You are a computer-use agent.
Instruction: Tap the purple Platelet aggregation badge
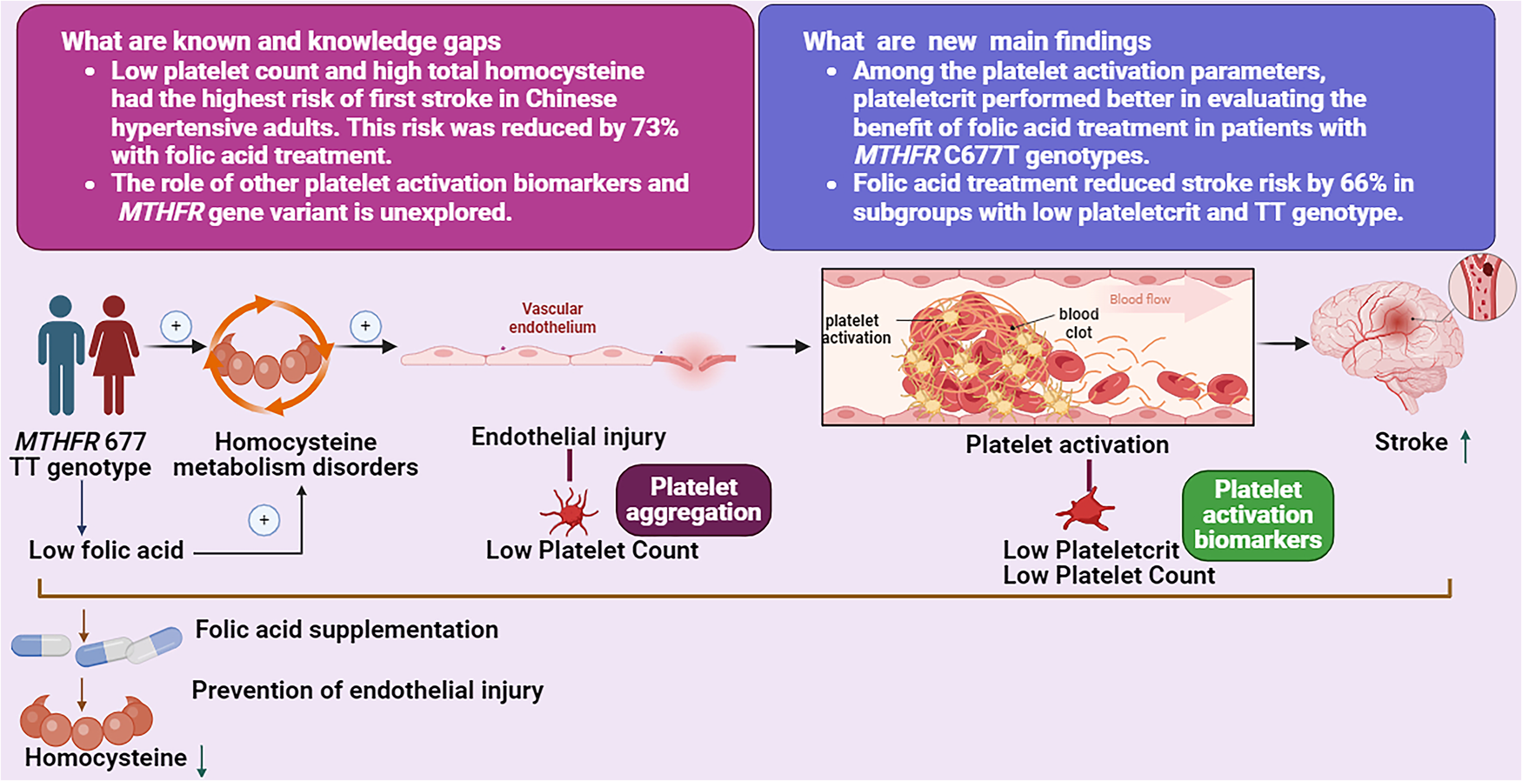(693, 500)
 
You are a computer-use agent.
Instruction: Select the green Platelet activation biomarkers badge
(1258, 515)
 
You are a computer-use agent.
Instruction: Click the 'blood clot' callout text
(1078, 324)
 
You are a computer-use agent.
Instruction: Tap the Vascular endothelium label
(552, 318)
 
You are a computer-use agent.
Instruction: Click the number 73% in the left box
(654, 127)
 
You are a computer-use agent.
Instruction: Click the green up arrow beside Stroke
(1465, 445)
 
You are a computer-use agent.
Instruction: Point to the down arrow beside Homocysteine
(202, 760)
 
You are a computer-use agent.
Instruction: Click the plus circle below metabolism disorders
(264, 520)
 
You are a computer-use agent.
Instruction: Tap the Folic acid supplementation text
(346, 630)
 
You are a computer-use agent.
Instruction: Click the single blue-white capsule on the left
(41, 645)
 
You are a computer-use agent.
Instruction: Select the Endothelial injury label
(568, 437)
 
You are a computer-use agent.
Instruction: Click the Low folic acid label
(106, 551)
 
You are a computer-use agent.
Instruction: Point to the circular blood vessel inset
(1482, 288)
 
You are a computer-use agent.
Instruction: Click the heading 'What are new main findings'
(976, 41)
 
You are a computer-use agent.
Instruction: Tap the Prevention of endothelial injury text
(367, 691)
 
